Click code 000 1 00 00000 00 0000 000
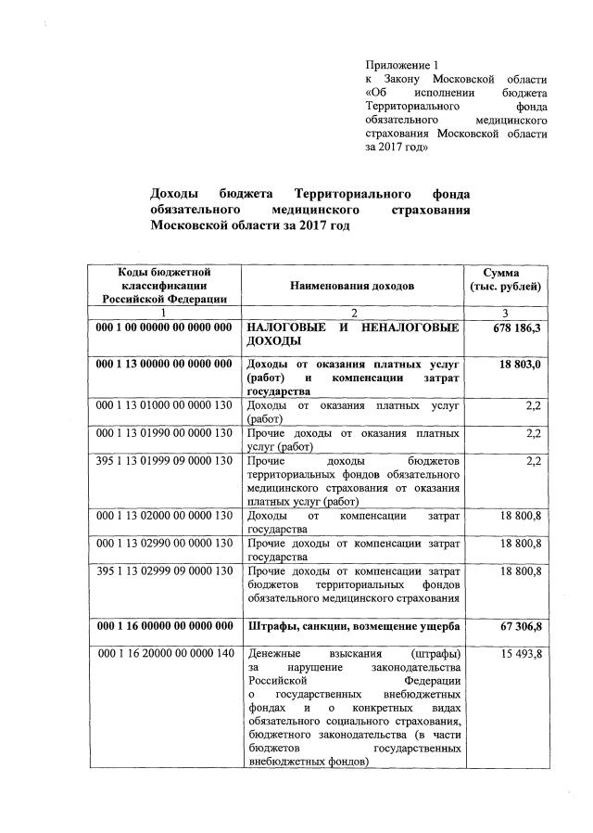164,328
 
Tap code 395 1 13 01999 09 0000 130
164,460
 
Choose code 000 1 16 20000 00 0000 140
164,654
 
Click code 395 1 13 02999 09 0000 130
164,572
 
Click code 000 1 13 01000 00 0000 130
164,405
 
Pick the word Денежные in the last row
271,654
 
